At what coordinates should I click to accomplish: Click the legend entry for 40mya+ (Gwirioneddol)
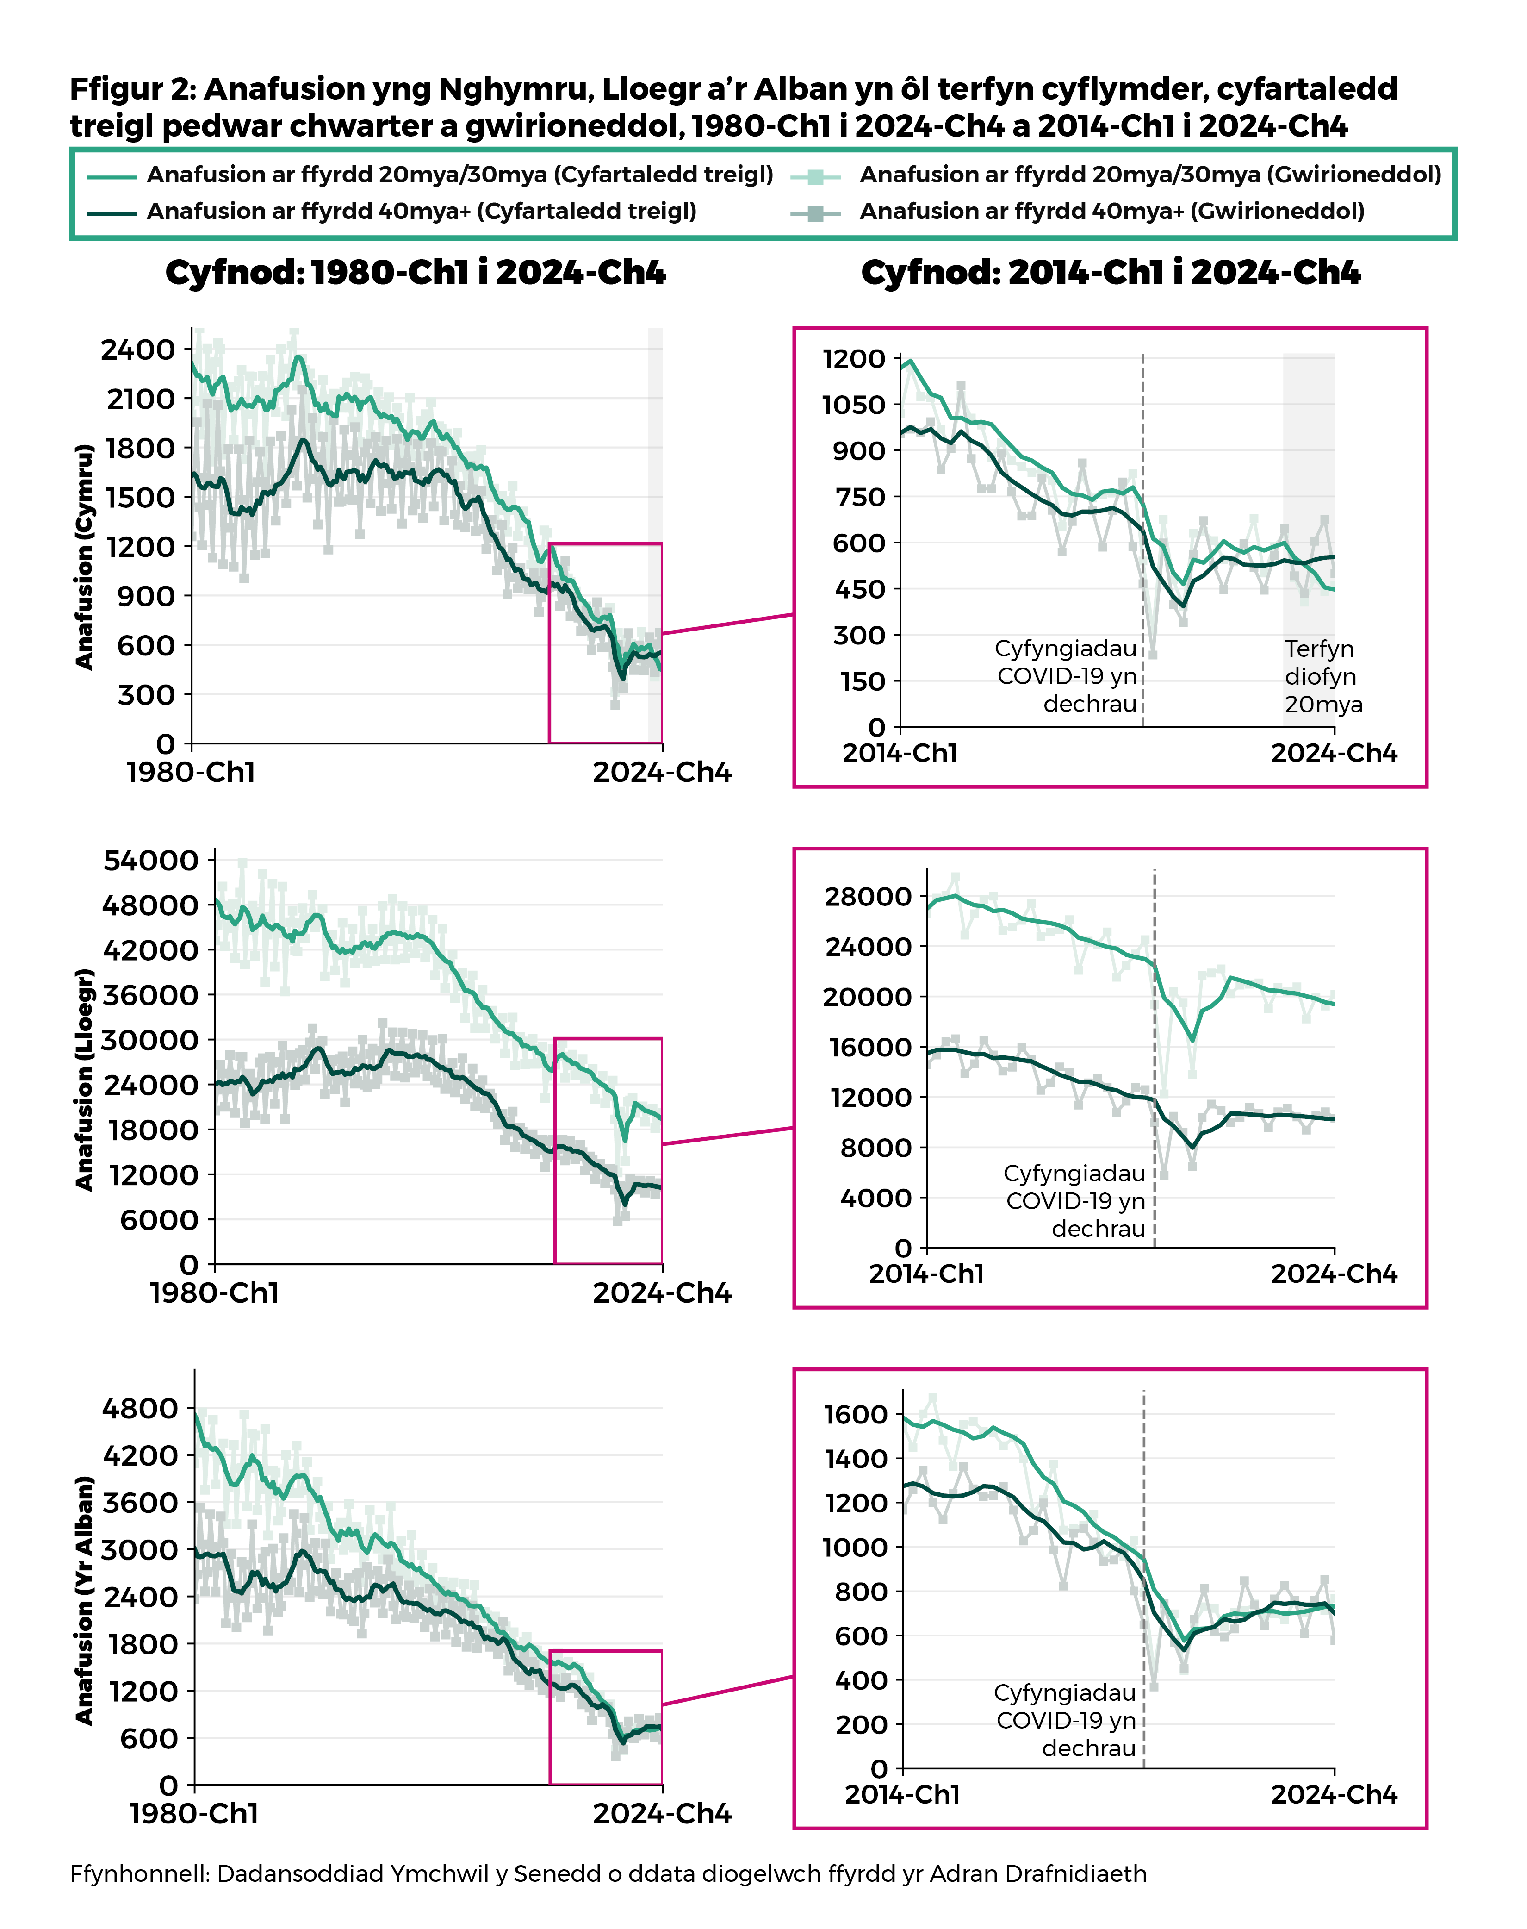(x=1111, y=212)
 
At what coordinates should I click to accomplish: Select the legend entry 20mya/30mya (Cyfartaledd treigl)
(x=459, y=175)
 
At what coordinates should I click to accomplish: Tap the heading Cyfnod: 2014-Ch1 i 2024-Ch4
(x=1111, y=273)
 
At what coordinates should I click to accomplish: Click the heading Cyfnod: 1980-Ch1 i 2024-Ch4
(x=416, y=273)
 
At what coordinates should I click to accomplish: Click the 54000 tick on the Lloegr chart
(x=150, y=860)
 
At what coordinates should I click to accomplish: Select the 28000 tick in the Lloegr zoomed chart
(x=867, y=896)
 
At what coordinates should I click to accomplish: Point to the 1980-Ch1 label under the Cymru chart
(x=191, y=772)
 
